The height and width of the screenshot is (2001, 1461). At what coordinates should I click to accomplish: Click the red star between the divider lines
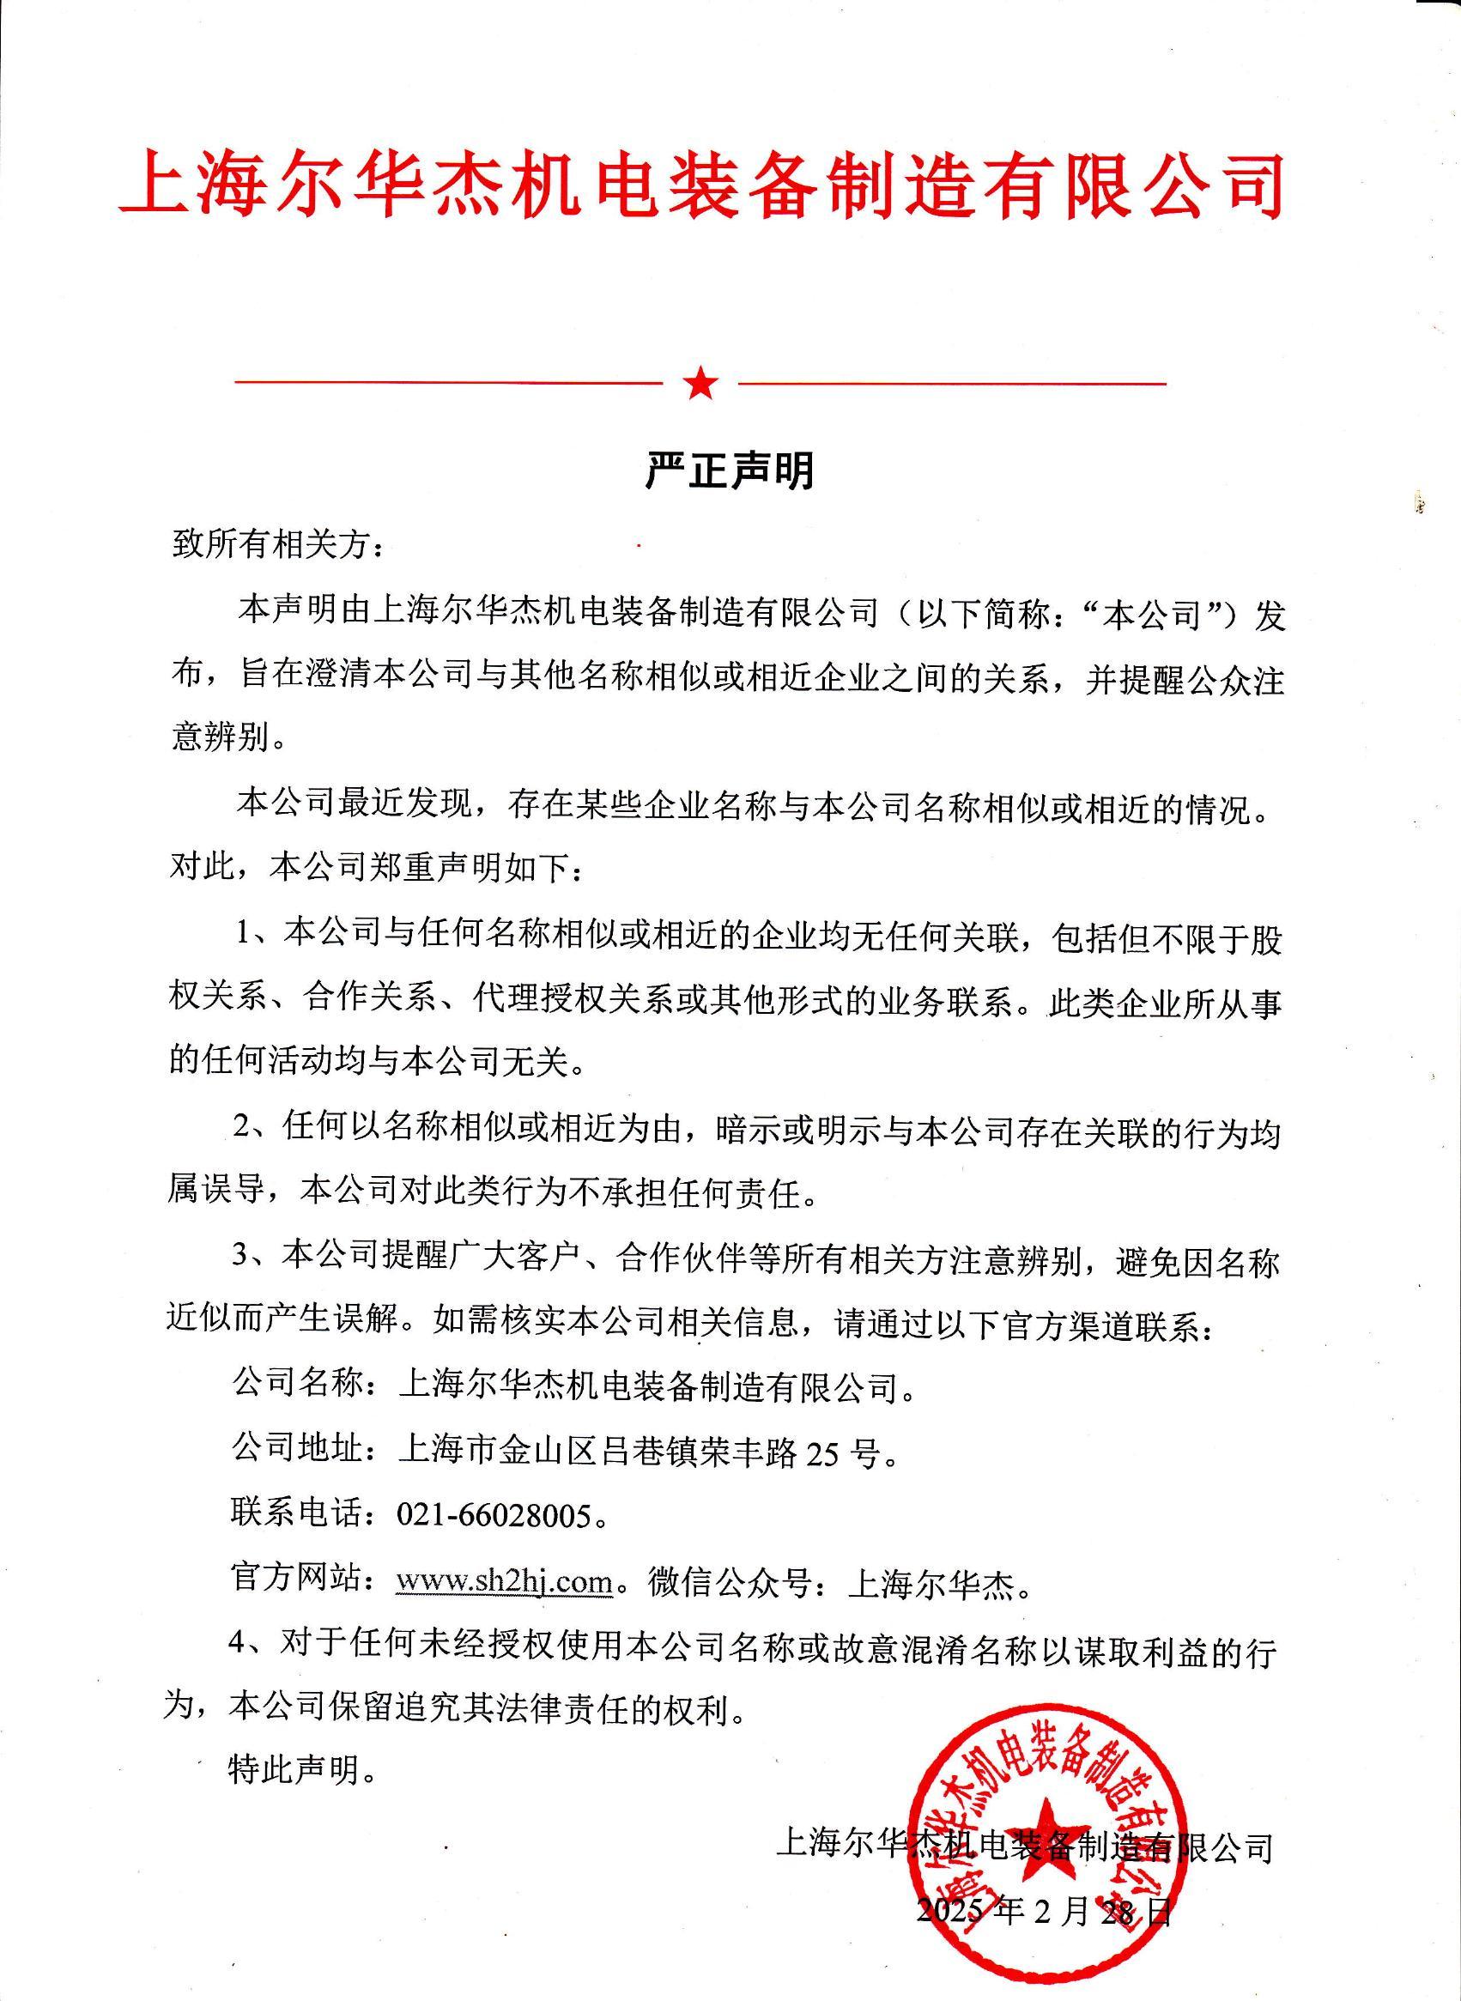click(700, 383)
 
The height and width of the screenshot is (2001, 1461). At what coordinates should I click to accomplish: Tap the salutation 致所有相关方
click(276, 545)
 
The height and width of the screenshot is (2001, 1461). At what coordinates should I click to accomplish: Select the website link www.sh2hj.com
click(504, 1580)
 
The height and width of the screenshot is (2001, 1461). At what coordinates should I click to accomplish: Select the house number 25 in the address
click(821, 1452)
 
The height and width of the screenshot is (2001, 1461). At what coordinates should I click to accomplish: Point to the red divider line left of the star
click(447, 384)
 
